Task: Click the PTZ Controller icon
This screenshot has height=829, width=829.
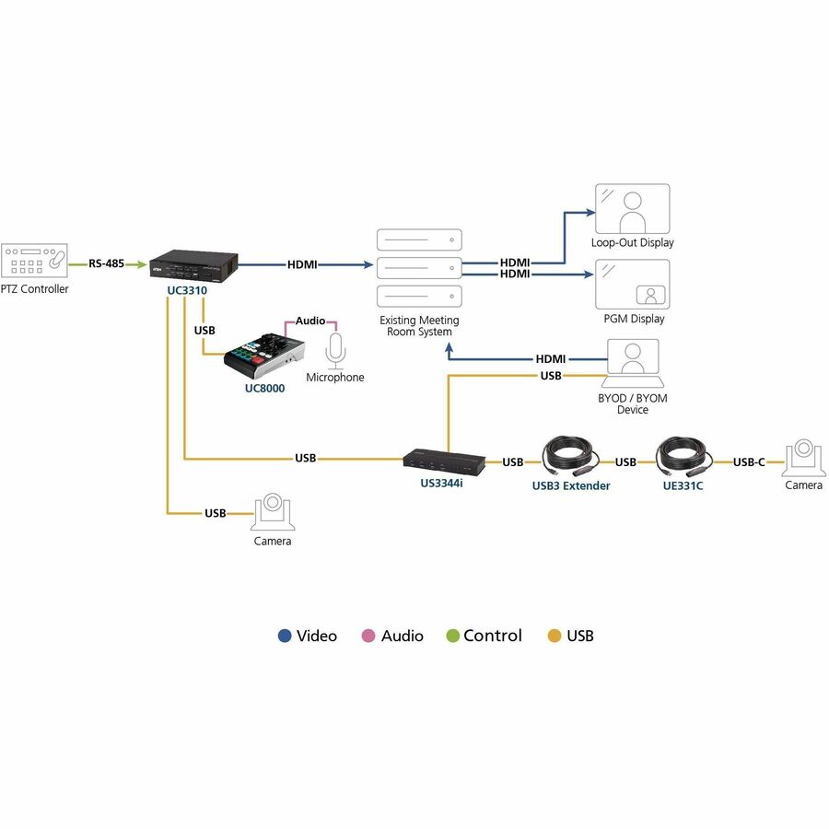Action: pos(34,260)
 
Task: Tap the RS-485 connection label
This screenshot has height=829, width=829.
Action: pos(106,263)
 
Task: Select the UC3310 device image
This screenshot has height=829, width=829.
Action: pos(193,266)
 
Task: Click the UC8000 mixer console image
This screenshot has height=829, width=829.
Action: pos(263,356)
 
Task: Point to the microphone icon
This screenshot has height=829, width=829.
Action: pos(335,351)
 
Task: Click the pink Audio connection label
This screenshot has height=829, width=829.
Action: pos(310,321)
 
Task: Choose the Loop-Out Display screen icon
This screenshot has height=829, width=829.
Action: pos(632,209)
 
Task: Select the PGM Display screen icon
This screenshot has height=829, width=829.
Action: pos(632,284)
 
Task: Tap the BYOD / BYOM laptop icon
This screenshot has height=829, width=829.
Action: pos(633,363)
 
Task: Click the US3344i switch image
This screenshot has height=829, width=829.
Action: pos(444,461)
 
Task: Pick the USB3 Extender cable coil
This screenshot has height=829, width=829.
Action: pos(570,457)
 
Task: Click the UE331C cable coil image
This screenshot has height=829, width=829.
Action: pos(684,457)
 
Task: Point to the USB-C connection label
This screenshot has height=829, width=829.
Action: pos(749,462)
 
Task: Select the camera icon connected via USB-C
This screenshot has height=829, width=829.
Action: pos(803,457)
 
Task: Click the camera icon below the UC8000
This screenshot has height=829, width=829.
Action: pos(273,512)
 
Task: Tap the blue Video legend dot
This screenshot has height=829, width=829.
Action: pos(285,636)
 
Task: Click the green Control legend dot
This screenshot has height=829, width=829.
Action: pos(453,636)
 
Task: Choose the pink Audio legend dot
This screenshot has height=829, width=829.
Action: pos(368,636)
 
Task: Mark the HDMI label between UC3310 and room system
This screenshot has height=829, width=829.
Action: pos(302,264)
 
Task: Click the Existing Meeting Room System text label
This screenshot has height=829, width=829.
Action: pos(419,326)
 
